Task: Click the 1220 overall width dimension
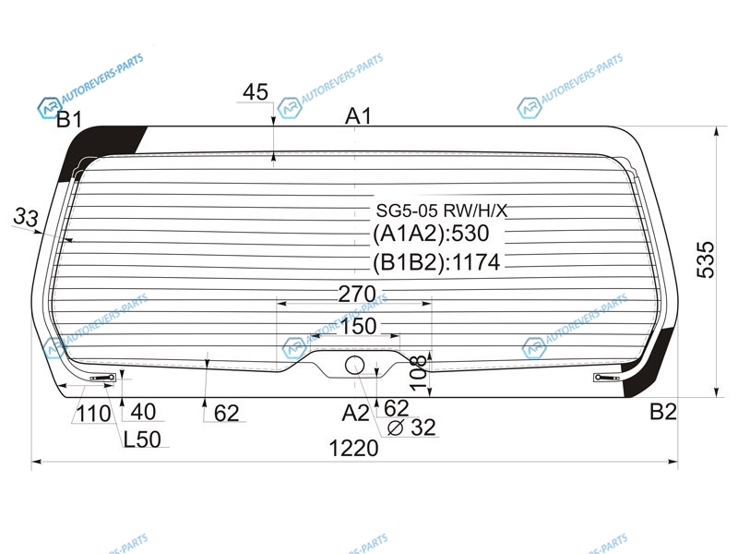[353, 448]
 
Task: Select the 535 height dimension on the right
[706, 259]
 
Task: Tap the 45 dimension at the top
[256, 91]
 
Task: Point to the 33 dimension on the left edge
[26, 217]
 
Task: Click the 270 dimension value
[357, 295]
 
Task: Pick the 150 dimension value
[358, 326]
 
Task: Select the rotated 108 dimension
[419, 373]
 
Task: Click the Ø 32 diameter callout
[411, 428]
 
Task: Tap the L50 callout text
[142, 440]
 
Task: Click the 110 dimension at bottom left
[93, 414]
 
